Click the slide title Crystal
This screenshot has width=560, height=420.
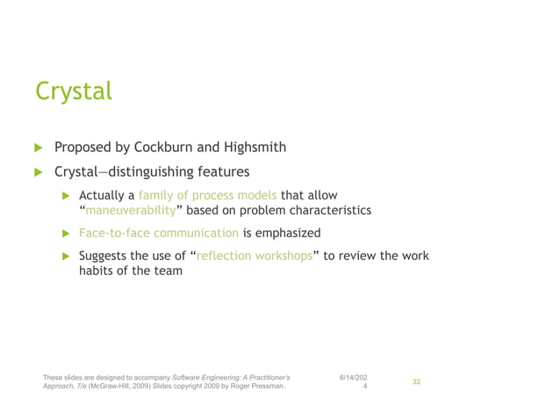point(74,91)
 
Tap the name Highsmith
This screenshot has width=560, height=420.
point(255,147)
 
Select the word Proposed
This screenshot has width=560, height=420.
point(85,147)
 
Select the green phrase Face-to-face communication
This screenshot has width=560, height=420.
point(159,233)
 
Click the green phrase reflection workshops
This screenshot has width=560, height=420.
point(255,256)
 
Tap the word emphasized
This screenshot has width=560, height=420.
point(289,233)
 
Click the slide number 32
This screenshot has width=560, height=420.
point(417,382)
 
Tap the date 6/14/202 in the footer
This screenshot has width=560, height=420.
point(354,377)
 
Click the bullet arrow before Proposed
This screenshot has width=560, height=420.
point(38,147)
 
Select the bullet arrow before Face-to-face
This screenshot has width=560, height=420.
point(65,234)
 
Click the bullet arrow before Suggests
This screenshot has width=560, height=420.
point(65,257)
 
